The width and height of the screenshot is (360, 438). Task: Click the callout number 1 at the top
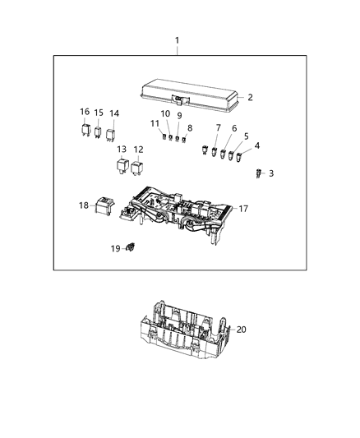click(x=177, y=40)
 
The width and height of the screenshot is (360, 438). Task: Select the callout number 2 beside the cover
click(x=250, y=97)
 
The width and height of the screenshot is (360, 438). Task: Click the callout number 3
click(x=271, y=173)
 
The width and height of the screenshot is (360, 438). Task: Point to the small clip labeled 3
click(x=257, y=173)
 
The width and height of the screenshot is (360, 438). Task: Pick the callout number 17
click(x=243, y=209)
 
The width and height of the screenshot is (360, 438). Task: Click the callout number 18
click(x=84, y=205)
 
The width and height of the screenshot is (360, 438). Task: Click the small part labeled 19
click(x=132, y=247)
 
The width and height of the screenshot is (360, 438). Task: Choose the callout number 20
click(x=241, y=330)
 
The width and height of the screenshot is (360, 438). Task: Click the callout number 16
click(x=85, y=112)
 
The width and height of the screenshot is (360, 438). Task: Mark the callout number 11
click(x=155, y=123)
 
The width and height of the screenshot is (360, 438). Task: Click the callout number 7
click(x=219, y=127)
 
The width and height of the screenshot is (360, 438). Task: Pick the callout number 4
click(x=256, y=145)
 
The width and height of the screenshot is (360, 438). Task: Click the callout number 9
click(x=179, y=116)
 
